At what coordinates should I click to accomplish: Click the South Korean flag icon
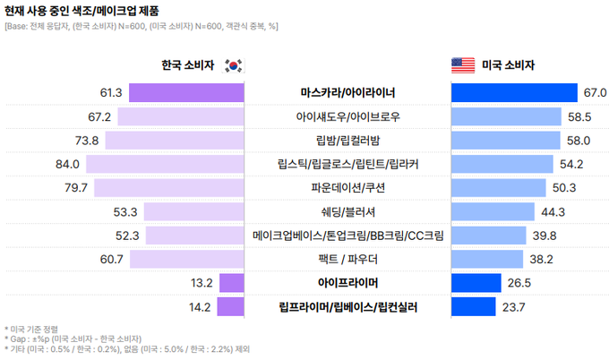click(233, 65)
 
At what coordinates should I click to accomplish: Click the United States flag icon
click(462, 65)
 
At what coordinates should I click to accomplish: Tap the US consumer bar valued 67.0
click(515, 92)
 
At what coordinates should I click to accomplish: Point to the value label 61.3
click(111, 92)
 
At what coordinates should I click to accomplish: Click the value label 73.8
click(87, 140)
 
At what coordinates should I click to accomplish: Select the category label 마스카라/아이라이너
click(348, 92)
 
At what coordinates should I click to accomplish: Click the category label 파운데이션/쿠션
click(348, 187)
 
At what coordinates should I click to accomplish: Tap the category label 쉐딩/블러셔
click(348, 211)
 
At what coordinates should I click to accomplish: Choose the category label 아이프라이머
click(348, 283)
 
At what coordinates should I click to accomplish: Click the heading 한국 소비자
click(187, 65)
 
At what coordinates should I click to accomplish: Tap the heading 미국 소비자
click(508, 65)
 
